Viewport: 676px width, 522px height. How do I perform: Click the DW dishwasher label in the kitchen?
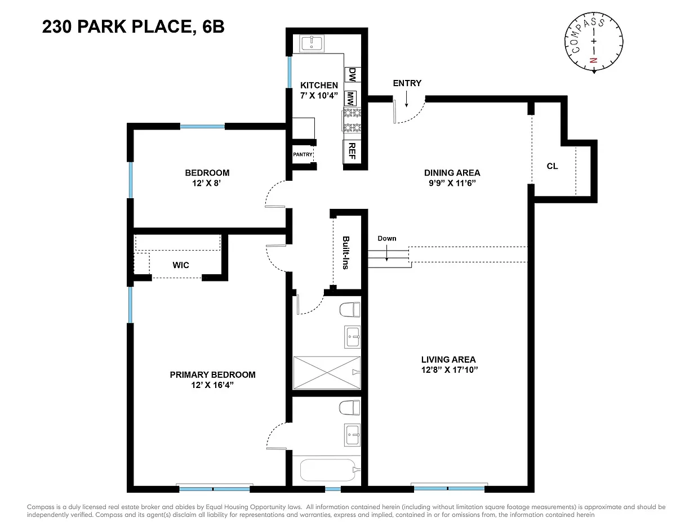point(352,75)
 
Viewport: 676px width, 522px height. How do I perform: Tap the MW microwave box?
point(350,98)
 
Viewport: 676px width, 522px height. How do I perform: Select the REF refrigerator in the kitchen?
point(352,151)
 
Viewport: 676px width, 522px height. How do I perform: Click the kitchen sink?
point(312,43)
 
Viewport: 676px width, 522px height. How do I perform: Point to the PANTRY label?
point(303,154)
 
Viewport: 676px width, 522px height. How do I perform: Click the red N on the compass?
point(594,60)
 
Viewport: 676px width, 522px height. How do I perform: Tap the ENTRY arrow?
point(406,99)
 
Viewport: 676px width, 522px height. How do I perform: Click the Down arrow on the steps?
point(386,253)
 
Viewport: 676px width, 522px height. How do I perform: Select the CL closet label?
point(552,166)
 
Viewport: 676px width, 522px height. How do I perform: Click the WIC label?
point(181,265)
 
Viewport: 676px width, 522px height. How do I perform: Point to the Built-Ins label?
point(346,253)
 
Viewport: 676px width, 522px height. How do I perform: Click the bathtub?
point(327,470)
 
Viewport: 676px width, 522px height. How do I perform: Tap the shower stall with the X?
point(327,372)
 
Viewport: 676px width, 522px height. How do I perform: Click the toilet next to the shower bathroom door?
point(349,310)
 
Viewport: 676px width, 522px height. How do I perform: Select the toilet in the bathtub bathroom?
point(349,408)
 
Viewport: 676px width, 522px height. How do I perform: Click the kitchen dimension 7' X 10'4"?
point(319,95)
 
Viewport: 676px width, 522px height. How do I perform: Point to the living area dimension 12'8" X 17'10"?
point(449,370)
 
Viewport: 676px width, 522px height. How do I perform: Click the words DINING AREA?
point(452,173)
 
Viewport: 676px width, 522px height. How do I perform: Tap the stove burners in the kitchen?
point(352,120)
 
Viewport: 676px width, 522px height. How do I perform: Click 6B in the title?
point(213,26)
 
